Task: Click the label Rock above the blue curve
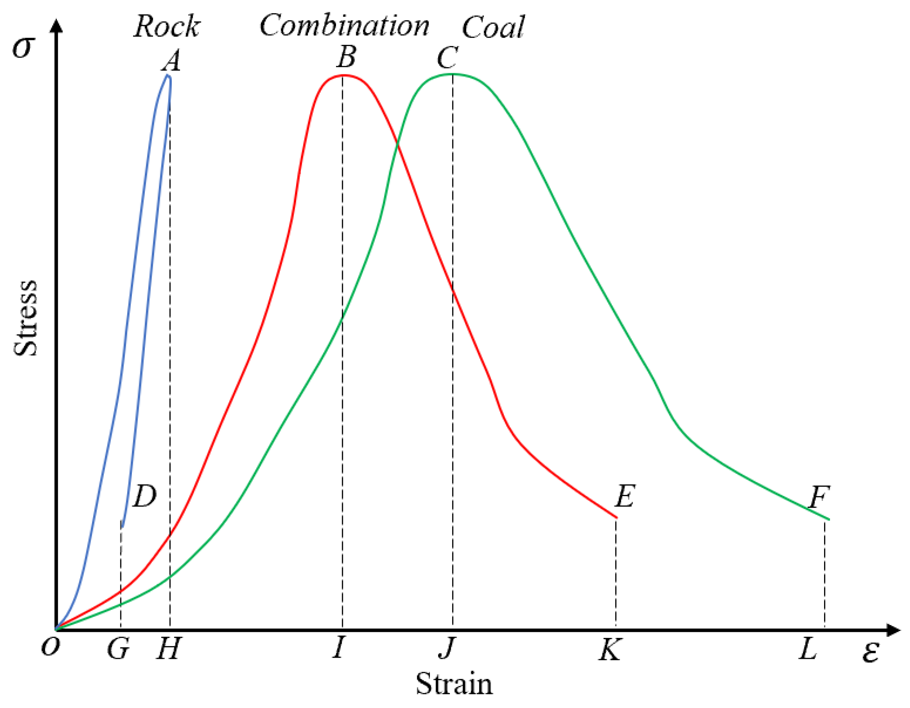(167, 27)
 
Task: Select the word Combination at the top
(344, 26)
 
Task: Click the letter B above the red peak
(346, 57)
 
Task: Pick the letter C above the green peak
(447, 58)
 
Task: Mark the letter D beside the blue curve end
(144, 496)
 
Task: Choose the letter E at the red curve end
(624, 496)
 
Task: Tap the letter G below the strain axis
(118, 649)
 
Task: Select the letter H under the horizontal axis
(168, 649)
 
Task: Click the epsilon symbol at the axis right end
(870, 651)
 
